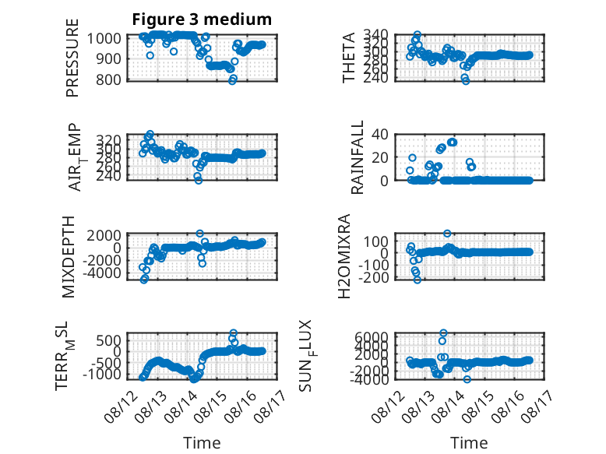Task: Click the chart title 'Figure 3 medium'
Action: pyautogui.click(x=202, y=19)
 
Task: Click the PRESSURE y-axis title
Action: pyautogui.click(x=72, y=58)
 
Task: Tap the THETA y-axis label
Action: pyautogui.click(x=349, y=58)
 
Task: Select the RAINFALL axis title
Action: pyautogui.click(x=357, y=157)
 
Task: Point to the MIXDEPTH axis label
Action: pyautogui.click(x=68, y=257)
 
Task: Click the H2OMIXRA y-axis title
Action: pyautogui.click(x=344, y=256)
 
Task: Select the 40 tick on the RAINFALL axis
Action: pyautogui.click(x=379, y=135)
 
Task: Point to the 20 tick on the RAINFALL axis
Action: pyautogui.click(x=379, y=157)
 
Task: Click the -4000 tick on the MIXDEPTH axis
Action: pyautogui.click(x=101, y=273)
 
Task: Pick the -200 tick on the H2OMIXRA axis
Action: pyautogui.click(x=373, y=277)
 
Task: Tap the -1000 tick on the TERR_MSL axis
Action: pyautogui.click(x=101, y=375)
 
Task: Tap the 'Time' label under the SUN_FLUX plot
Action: pyautogui.click(x=469, y=442)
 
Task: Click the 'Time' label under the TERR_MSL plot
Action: pyautogui.click(x=202, y=442)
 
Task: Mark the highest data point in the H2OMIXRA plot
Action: pyautogui.click(x=447, y=234)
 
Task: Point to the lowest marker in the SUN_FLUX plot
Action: pyautogui.click(x=467, y=379)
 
